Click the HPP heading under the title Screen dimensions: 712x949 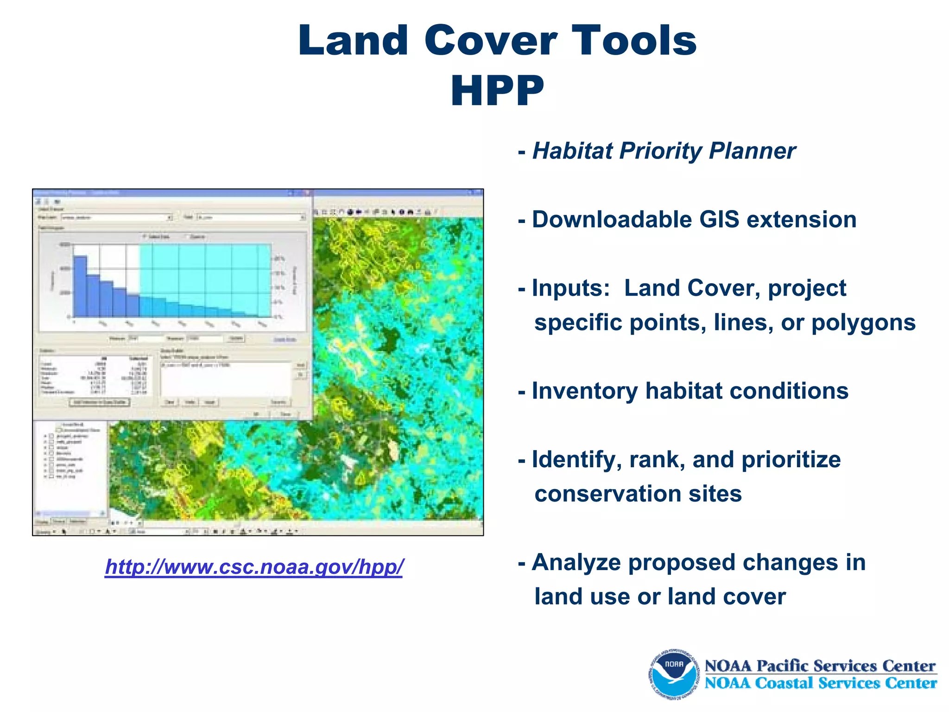tap(497, 91)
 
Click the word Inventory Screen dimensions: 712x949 tap(584, 391)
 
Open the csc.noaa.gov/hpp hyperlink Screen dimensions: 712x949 tap(254, 566)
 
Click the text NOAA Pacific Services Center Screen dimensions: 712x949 tap(820, 666)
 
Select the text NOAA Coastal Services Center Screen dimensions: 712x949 tap(820, 683)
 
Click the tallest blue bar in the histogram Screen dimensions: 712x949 tap(80, 287)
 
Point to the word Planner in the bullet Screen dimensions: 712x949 tap(752, 151)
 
